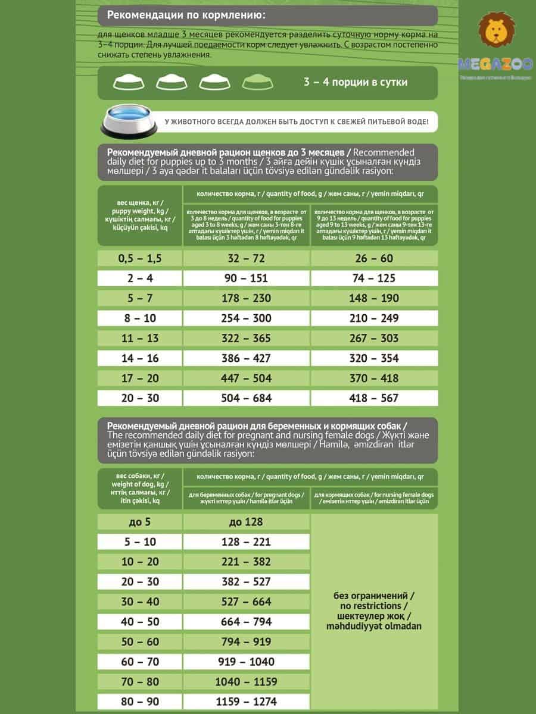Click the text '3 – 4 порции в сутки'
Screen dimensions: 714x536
coord(355,82)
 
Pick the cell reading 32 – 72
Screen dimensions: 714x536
coord(245,258)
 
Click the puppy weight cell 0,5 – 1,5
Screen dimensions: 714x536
coord(140,258)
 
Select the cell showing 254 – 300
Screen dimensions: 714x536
coord(245,318)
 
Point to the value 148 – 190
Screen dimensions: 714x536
coord(374,298)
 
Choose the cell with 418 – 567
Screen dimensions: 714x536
coord(374,398)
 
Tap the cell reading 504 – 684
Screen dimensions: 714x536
coord(245,398)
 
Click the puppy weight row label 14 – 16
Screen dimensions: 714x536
coord(140,358)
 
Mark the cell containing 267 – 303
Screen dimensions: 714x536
coord(374,338)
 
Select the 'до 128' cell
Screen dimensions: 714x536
coord(245,522)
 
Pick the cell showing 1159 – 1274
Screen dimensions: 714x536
coord(245,702)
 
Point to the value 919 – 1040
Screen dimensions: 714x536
coord(245,662)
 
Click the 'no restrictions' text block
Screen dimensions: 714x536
coord(374,611)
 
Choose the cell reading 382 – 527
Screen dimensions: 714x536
coord(245,582)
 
